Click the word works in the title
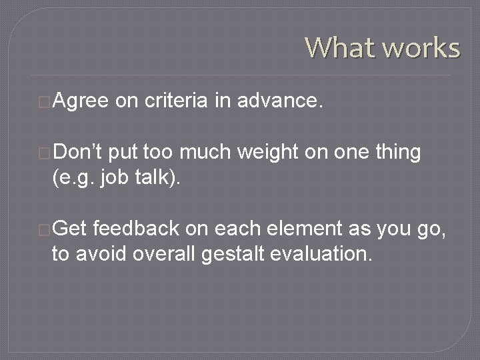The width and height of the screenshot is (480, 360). pyautogui.click(x=419, y=48)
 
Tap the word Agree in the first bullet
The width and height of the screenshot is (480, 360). pyautogui.click(x=80, y=101)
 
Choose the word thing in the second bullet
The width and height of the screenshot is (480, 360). pyautogui.click(x=397, y=152)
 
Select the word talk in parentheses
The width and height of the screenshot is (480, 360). pyautogui.click(x=149, y=177)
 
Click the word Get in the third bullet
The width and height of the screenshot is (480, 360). pyautogui.click(x=70, y=229)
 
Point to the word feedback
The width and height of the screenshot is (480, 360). pyautogui.click(x=136, y=229)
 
